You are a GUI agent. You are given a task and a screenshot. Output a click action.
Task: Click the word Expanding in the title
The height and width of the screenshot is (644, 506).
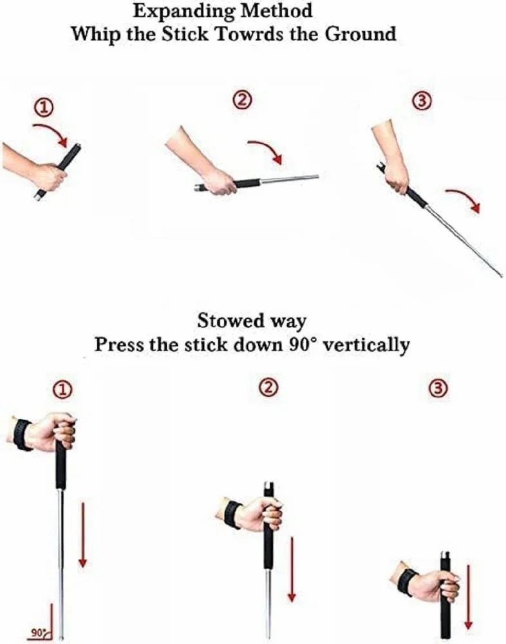point(184,12)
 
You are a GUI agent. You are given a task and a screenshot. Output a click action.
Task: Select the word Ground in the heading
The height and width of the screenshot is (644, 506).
point(361,33)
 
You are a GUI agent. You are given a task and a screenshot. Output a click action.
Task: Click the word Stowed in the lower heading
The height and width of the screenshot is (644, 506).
point(230,320)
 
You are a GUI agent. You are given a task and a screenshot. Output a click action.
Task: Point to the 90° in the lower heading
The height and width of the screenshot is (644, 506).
point(303,344)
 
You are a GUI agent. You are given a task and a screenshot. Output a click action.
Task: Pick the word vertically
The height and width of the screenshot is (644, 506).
point(366,345)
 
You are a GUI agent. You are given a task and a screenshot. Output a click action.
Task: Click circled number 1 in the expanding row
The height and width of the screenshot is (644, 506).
point(44,108)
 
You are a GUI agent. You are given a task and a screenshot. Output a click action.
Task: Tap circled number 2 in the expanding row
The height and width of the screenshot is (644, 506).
point(242,100)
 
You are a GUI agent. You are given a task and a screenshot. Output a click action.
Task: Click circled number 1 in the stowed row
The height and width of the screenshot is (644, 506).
point(62,390)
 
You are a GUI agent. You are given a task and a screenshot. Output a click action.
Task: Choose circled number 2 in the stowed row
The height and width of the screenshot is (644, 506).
point(268,387)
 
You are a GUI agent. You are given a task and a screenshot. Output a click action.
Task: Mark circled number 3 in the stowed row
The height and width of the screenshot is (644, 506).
point(437,387)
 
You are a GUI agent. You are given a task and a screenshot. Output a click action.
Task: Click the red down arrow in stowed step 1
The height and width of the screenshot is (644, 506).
point(82,535)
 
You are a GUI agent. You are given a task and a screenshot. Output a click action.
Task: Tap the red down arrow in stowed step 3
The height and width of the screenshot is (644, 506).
point(468,597)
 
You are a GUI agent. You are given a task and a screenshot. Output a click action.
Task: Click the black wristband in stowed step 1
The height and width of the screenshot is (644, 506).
point(22,435)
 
